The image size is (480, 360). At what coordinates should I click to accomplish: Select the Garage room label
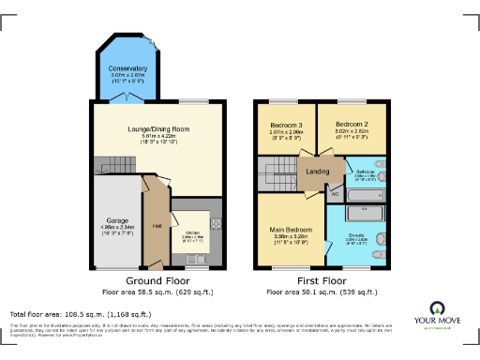click(117, 221)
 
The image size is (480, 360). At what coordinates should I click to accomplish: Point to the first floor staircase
click(276, 172)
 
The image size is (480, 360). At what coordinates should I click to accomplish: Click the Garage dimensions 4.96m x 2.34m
click(117, 228)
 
